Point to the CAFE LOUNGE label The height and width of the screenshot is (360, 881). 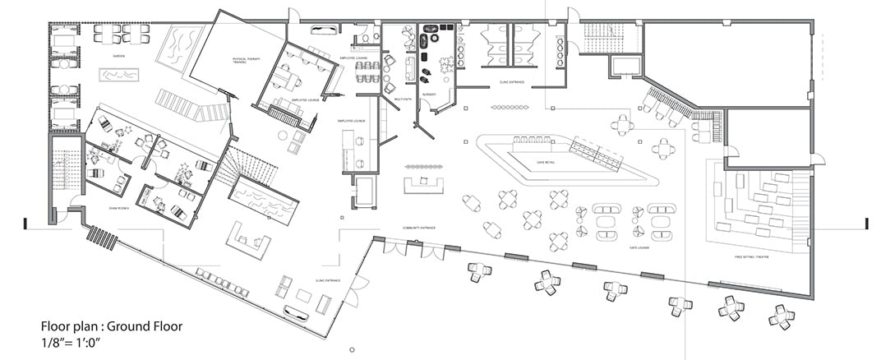640,247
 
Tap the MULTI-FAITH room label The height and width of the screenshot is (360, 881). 403,99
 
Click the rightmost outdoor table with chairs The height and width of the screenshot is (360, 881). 781,316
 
